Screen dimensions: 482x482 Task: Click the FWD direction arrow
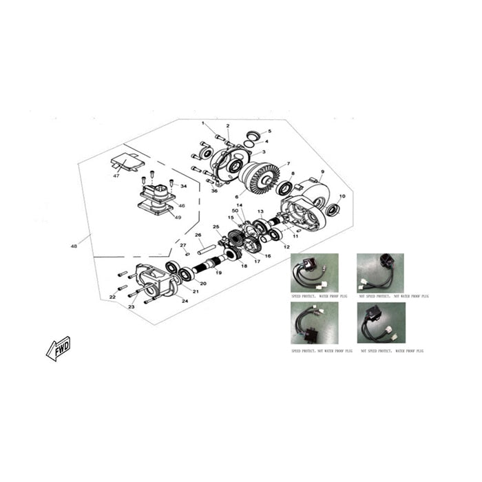pos(58,348)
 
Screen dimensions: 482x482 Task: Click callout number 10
pos(342,196)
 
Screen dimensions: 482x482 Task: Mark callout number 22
pos(112,297)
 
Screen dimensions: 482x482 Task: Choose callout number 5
pos(269,131)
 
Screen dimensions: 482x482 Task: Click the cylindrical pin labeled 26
pos(206,246)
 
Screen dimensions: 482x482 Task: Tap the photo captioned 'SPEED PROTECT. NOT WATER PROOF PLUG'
pos(314,322)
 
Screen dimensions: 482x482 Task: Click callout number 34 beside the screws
pos(184,186)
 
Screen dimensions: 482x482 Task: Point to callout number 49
pos(178,217)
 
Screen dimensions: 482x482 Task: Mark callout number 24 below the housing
pos(185,301)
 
